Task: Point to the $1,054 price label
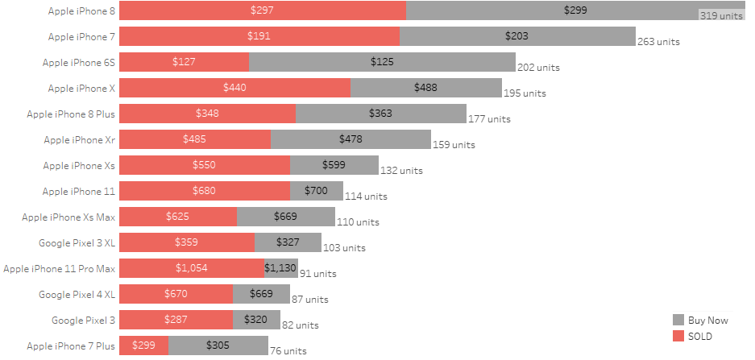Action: click(x=192, y=268)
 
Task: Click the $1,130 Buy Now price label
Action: click(x=280, y=268)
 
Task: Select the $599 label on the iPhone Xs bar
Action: click(x=334, y=165)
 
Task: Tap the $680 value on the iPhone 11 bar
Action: click(x=205, y=191)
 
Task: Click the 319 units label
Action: click(x=720, y=16)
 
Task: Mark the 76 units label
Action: click(x=288, y=351)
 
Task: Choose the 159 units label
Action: click(x=454, y=145)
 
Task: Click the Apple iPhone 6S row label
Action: click(x=79, y=62)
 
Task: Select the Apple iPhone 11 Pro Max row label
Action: click(x=60, y=268)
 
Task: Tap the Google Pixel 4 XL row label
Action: click(x=77, y=294)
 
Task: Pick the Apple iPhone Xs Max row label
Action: click(x=68, y=217)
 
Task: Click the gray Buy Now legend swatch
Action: click(x=678, y=320)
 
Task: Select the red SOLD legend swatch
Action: click(x=678, y=336)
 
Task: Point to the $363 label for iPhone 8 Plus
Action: click(x=380, y=114)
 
